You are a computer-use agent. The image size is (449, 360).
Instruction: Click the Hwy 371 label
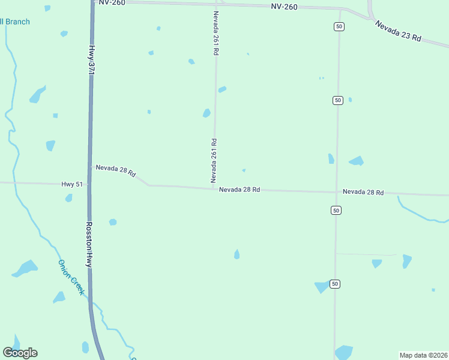(x=91, y=59)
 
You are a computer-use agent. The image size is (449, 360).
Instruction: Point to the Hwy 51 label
(x=72, y=185)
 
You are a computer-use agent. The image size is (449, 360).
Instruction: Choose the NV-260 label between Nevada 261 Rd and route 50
(x=283, y=7)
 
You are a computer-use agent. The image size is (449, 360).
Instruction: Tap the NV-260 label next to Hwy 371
(x=112, y=2)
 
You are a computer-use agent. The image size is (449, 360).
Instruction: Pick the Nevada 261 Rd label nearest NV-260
(x=215, y=33)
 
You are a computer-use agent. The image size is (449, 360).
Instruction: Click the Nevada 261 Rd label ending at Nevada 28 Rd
(x=213, y=160)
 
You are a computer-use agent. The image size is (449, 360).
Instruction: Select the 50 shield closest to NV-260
(x=339, y=26)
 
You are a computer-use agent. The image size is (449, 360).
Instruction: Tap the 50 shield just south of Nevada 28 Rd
(x=336, y=210)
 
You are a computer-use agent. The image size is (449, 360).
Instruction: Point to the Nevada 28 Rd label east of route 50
(x=363, y=192)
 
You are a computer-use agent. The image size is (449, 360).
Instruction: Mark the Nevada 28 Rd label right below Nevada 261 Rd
(x=239, y=190)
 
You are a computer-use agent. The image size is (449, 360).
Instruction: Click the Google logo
(x=20, y=353)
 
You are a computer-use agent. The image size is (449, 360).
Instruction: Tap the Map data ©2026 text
(x=423, y=355)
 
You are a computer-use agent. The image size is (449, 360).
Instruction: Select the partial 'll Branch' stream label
(x=14, y=22)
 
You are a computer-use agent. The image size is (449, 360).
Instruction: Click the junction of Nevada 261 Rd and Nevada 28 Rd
(x=214, y=188)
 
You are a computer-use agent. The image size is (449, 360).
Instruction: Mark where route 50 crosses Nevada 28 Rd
(x=336, y=192)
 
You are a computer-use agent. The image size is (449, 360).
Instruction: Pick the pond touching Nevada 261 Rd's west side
(x=206, y=113)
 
